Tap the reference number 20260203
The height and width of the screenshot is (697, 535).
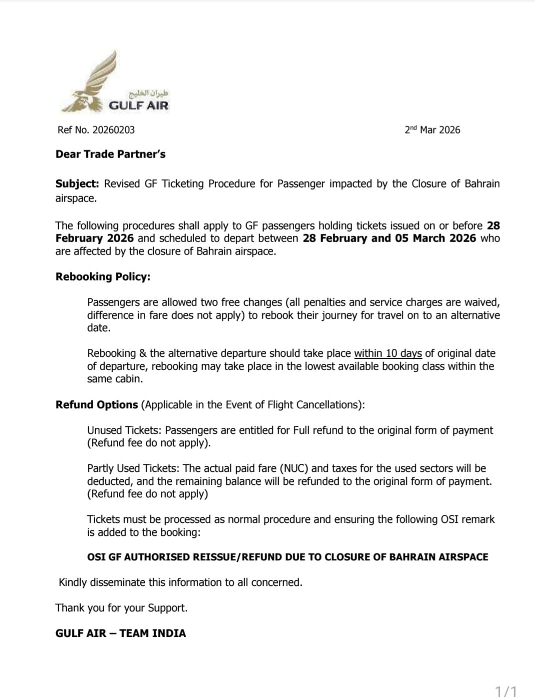[113, 130]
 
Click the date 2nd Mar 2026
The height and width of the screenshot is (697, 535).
[432, 130]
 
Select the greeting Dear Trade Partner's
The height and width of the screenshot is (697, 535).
[110, 154]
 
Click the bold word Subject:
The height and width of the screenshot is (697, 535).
[77, 184]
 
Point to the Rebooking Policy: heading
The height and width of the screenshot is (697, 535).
[103, 277]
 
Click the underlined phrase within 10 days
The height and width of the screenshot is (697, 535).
[388, 353]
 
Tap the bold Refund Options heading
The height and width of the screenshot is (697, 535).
[96, 405]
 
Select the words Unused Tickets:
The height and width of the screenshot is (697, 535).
[124, 430]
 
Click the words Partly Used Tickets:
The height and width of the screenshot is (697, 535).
[133, 468]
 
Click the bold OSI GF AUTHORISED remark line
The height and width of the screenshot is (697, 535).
[287, 557]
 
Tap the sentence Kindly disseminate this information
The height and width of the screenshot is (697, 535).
[180, 582]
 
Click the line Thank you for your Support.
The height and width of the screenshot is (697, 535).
[121, 608]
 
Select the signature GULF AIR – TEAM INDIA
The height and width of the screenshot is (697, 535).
[120, 633]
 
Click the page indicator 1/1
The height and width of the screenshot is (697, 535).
[505, 691]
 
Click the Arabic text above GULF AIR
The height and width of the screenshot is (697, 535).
[148, 94]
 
